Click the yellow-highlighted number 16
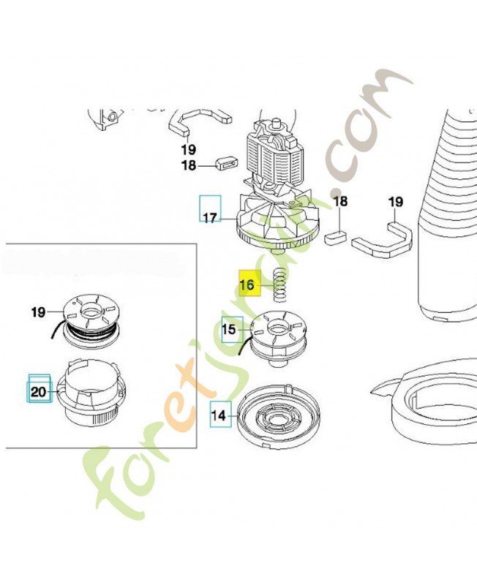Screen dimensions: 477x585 247,285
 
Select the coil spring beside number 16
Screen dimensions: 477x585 280,285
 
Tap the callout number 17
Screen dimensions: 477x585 211,217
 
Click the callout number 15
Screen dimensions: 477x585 229,330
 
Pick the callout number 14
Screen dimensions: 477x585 219,415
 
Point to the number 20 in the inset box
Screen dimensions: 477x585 38,392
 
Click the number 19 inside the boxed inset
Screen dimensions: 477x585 38,312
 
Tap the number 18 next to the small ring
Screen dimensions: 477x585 189,165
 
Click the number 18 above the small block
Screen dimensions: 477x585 340,202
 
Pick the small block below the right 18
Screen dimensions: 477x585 336,236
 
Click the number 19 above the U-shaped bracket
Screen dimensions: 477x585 396,202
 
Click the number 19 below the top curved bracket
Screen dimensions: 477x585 189,150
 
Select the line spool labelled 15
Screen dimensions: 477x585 278,338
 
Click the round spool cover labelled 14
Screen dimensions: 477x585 279,415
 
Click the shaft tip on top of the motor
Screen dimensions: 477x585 277,121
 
